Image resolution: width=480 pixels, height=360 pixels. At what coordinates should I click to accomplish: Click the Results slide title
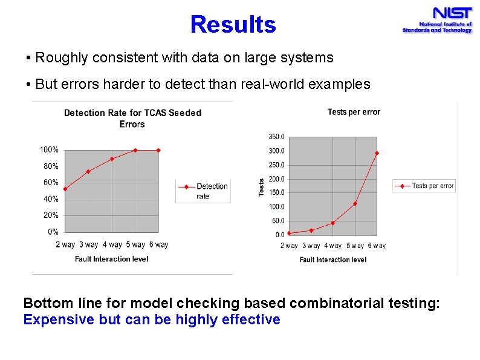[233, 25]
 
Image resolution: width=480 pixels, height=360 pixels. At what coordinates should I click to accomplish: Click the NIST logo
[436, 20]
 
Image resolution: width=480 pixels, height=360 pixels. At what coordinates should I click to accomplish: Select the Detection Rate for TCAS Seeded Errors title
[132, 118]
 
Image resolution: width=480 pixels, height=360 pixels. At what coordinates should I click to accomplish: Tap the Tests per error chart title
[354, 111]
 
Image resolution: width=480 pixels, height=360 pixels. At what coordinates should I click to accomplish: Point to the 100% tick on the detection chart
[49, 149]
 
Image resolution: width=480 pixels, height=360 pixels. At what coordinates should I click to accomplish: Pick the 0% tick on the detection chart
[53, 231]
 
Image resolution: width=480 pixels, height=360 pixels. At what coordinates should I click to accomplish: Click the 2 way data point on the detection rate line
[65, 189]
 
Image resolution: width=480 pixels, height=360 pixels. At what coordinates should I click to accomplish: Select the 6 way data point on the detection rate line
[158, 150]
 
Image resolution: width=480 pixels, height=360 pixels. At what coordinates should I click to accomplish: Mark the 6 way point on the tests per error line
[377, 153]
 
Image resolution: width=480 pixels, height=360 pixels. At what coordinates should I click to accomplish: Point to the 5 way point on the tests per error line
[355, 203]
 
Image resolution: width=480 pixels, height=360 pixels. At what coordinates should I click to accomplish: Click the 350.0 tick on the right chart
[276, 137]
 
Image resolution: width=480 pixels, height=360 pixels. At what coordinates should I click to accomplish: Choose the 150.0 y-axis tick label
[276, 192]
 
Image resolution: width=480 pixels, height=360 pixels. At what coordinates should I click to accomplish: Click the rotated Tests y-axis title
[261, 186]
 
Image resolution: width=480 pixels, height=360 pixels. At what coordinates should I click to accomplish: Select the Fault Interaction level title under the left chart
[111, 259]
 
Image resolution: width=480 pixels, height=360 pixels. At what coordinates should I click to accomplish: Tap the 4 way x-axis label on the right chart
[332, 246]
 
